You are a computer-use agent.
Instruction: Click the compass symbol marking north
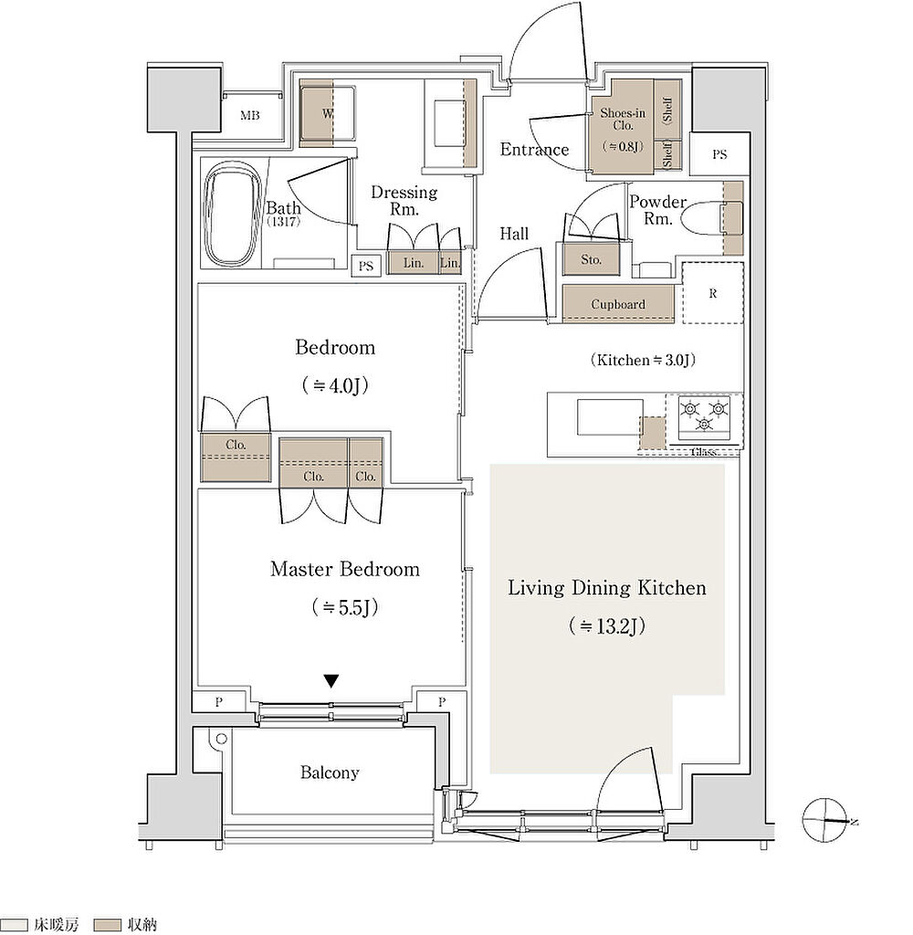point(825,820)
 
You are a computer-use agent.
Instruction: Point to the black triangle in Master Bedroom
point(331,680)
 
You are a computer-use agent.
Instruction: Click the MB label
point(250,116)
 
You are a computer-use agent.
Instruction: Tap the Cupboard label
point(618,304)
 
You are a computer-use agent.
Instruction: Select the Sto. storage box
point(591,259)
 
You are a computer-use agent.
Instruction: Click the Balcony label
point(330,772)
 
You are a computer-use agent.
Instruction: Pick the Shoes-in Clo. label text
point(623,119)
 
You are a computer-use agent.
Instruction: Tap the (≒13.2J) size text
point(606,626)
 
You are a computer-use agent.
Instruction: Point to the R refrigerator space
point(713,293)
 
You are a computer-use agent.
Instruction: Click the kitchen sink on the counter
point(610,417)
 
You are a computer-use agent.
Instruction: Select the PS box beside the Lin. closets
point(365,266)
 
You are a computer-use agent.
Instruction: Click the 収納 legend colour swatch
point(108,925)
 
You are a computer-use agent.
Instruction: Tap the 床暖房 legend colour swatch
point(14,925)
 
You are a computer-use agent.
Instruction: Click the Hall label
point(514,234)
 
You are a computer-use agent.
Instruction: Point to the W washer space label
point(327,113)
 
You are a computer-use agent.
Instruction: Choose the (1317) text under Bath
point(283,222)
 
